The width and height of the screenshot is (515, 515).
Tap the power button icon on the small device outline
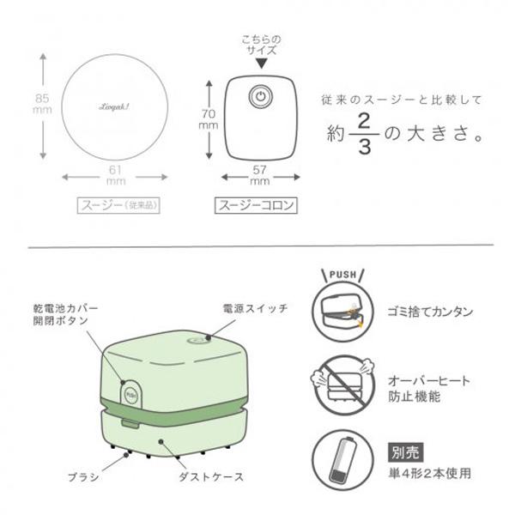tap(258, 96)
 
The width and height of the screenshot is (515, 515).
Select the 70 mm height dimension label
tap(204, 118)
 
